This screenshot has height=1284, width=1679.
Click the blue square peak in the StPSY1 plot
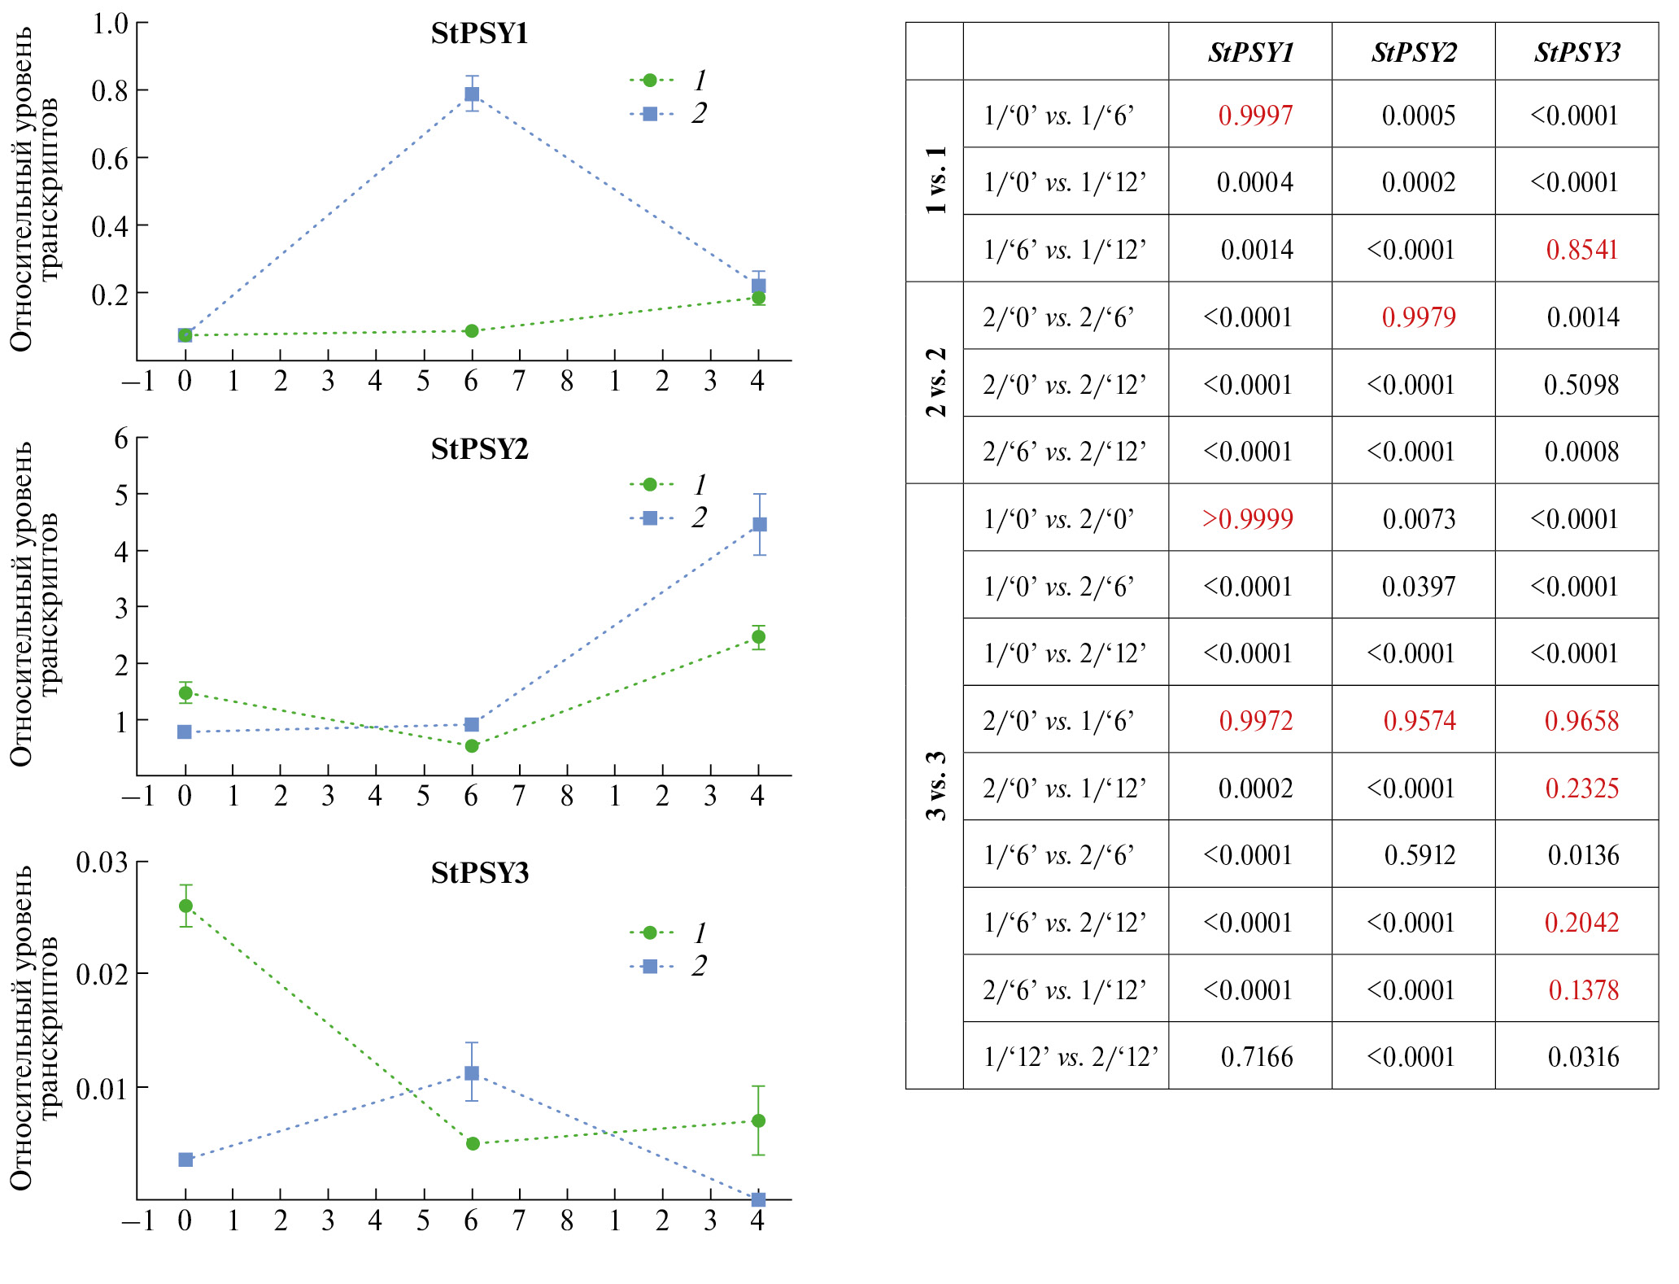click(x=472, y=94)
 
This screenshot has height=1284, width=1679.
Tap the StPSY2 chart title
click(x=480, y=448)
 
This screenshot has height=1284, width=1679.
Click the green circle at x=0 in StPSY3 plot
click(x=185, y=906)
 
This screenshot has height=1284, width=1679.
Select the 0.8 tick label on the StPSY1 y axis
click(x=110, y=90)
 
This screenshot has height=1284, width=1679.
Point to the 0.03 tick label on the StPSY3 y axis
click(x=102, y=862)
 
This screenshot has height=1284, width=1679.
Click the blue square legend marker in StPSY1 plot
click(x=650, y=114)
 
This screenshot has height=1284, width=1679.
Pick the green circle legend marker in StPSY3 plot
click(x=650, y=932)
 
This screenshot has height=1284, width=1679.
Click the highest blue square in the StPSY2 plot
click(x=759, y=524)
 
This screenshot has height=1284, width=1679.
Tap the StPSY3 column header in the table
click(x=1577, y=53)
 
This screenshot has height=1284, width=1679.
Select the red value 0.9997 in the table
click(x=1255, y=116)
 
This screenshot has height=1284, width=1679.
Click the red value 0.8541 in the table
click(x=1581, y=250)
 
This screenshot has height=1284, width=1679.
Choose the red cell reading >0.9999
click(x=1248, y=519)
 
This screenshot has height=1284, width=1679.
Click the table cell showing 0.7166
click(x=1256, y=1057)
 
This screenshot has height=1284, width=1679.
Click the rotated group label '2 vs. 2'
click(x=935, y=382)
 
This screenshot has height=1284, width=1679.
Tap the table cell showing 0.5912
click(x=1420, y=855)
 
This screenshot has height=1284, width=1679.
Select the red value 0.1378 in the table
click(x=1583, y=990)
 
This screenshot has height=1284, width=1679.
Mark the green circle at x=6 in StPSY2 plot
click(x=472, y=746)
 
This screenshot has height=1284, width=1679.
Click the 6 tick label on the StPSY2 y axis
click(x=121, y=439)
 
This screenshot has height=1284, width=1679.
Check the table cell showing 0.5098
click(x=1581, y=385)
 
